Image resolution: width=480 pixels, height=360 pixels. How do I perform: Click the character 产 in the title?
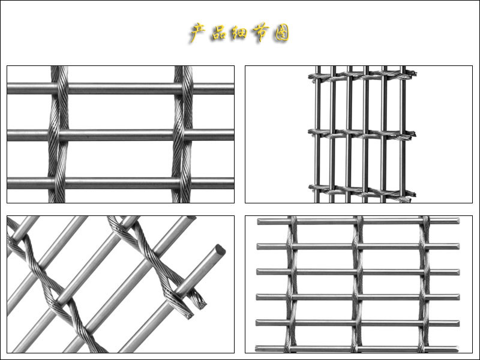coord(198,32)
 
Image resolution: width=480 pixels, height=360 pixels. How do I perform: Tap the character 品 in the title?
coord(218,32)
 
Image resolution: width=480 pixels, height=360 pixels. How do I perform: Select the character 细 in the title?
coord(239,32)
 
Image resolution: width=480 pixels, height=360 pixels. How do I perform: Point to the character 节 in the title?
coord(261,32)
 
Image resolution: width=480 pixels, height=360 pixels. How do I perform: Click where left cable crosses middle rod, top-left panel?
coord(58,135)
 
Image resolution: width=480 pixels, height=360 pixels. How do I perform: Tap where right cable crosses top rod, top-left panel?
coord(184,88)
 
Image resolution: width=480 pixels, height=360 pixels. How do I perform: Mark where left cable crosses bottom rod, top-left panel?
coord(57,183)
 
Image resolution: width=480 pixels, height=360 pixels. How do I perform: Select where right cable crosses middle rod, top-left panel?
coord(183,134)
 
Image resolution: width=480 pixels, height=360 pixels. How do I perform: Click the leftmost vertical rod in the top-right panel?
coord(318,134)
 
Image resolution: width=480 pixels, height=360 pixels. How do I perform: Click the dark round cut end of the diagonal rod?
coord(220,250)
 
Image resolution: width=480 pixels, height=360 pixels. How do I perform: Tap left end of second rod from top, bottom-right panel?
coord(259,247)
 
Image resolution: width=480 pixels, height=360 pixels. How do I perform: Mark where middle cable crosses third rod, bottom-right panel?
coord(356,272)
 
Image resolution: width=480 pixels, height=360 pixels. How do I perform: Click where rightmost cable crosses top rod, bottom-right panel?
coord(425,221)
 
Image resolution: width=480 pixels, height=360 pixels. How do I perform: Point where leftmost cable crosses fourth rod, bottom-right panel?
coord(291,297)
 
